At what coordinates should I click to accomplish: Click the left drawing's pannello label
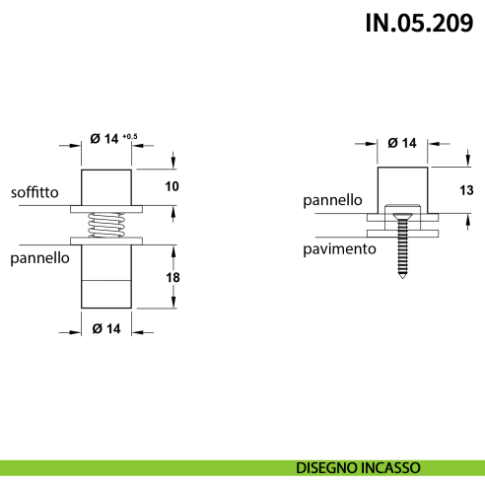39,259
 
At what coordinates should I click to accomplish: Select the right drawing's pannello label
333,200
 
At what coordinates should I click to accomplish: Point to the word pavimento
340,249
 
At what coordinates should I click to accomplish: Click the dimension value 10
173,186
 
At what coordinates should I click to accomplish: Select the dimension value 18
173,279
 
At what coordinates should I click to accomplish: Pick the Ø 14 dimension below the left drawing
106,327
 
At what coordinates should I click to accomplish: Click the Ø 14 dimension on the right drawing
402,143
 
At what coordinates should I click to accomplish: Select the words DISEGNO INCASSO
358,467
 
